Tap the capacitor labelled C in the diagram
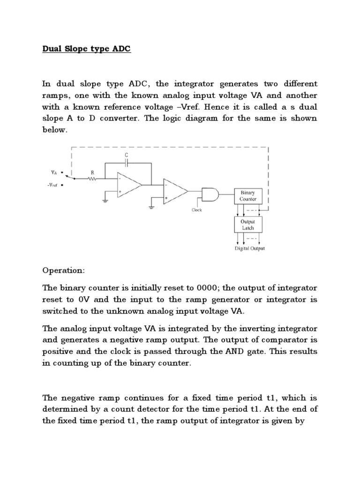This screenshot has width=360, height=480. tap(127, 163)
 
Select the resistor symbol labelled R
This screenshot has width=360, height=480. tap(92, 179)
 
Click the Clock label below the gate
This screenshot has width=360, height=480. tap(196, 210)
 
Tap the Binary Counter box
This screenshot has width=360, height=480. tap(248, 195)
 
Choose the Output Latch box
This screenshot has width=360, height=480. tap(248, 224)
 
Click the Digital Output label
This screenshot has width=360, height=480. tap(250, 248)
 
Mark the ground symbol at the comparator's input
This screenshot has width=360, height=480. tap(152, 203)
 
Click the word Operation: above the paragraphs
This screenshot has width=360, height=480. tap(61, 271)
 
